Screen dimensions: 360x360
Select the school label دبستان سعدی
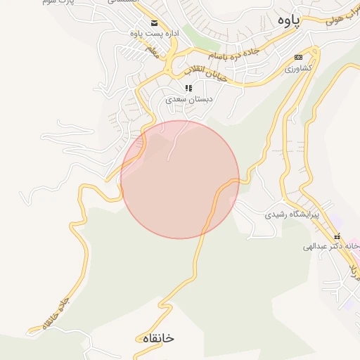(x=188, y=100)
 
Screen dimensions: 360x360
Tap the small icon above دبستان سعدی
(x=188, y=88)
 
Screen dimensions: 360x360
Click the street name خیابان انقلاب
(x=205, y=73)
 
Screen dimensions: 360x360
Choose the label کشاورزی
(x=298, y=69)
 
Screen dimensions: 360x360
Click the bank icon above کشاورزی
(x=298, y=57)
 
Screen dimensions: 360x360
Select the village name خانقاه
(x=156, y=338)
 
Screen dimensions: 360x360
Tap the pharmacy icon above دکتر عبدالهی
(x=337, y=236)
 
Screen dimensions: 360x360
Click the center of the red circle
(x=180, y=179)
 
